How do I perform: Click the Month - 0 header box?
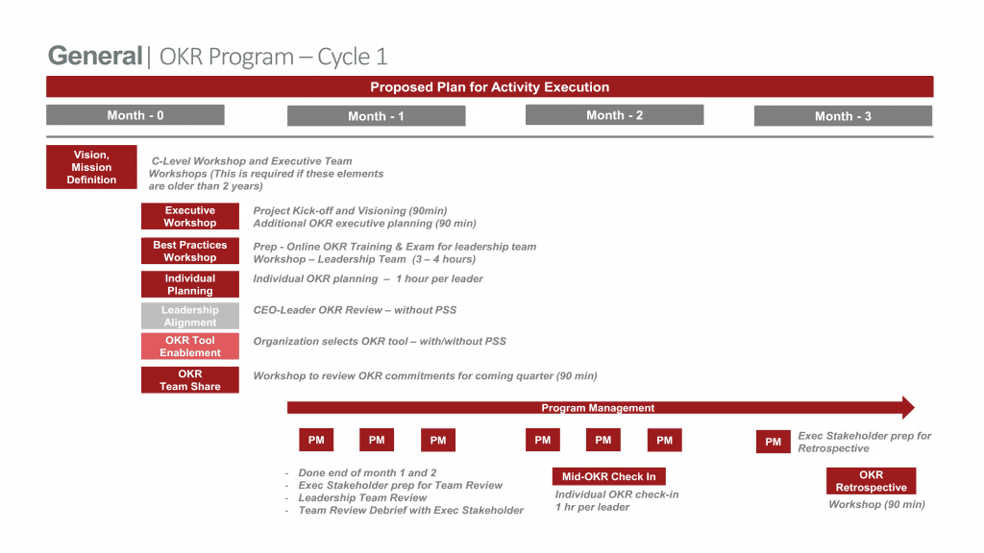135,115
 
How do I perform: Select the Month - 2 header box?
614,115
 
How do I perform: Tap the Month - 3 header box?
843,116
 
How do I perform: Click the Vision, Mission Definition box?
91,167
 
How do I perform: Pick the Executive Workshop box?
190,216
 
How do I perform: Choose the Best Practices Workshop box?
190,251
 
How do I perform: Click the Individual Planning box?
190,284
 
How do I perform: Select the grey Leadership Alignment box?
190,316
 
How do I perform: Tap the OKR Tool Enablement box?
190,347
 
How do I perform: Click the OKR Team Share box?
190,380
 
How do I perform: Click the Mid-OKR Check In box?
608,476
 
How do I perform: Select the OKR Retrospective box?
871,481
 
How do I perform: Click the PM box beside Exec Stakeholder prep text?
774,442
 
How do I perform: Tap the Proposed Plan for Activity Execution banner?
490,87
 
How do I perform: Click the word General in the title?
95,56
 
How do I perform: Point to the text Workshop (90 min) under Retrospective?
876,504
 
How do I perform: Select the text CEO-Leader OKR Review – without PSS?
355,310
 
